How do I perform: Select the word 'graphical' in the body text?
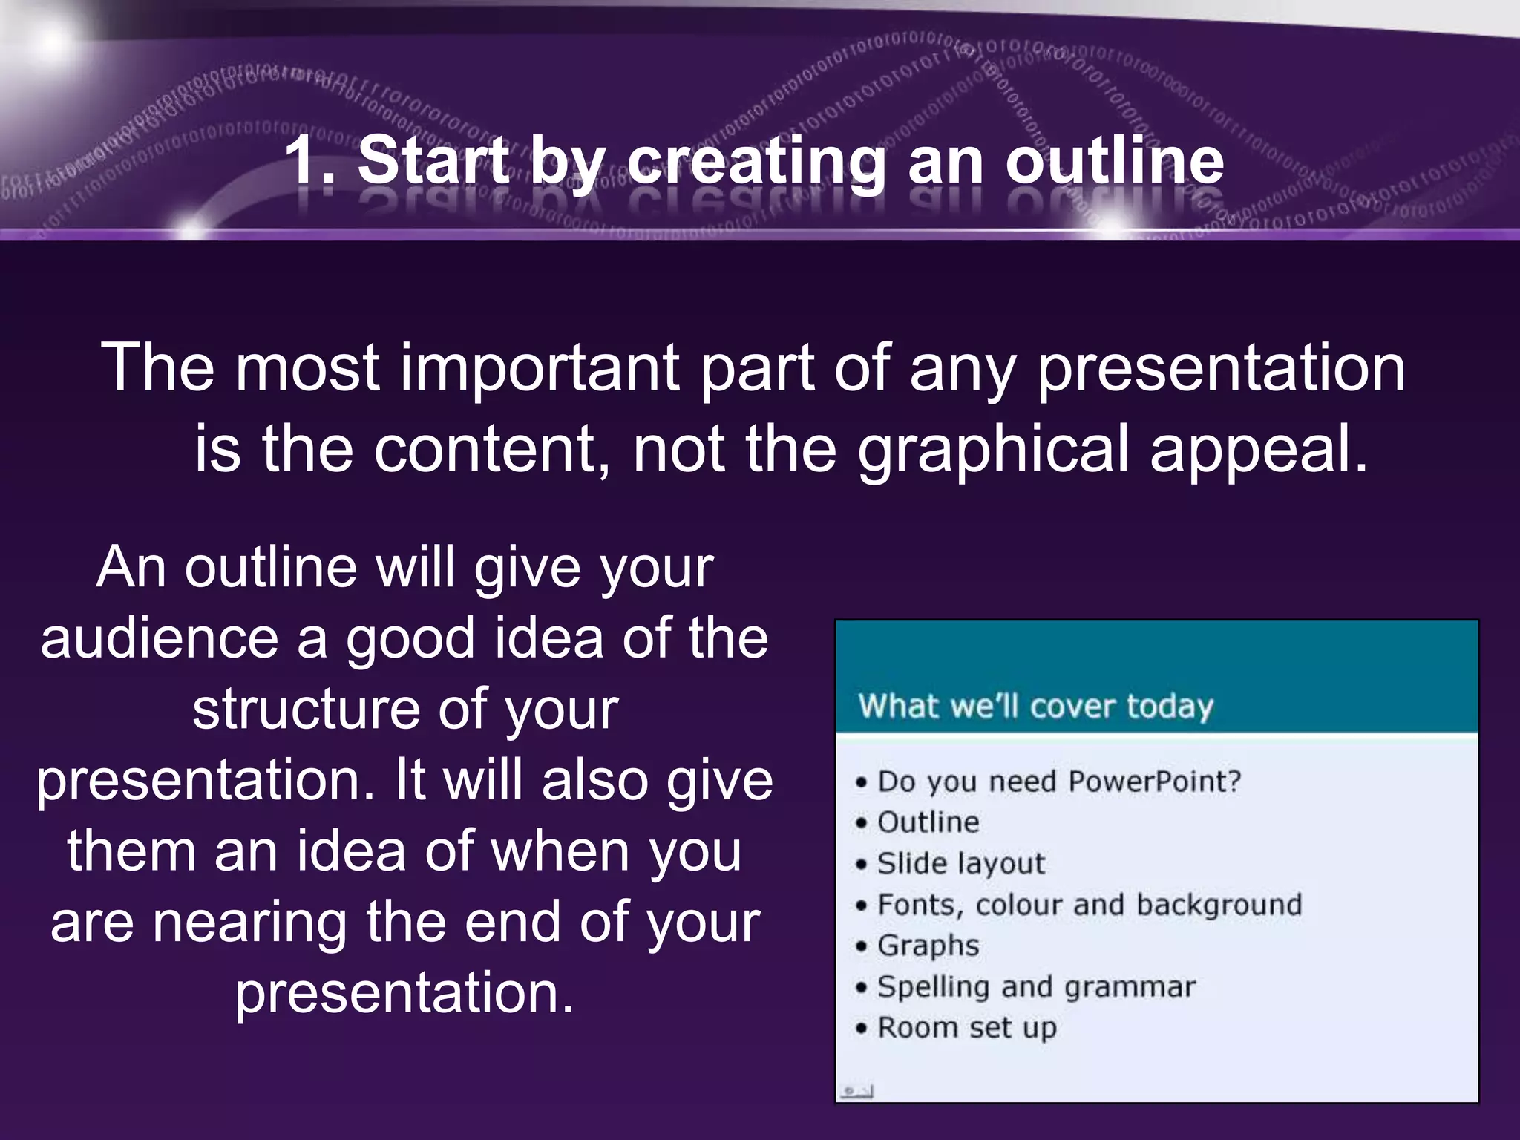click(x=994, y=450)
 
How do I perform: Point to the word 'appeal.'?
click(x=1259, y=450)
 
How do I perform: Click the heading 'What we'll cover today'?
click(x=1035, y=706)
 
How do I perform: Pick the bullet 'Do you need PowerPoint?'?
click(x=1058, y=782)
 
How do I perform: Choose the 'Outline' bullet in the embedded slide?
click(x=928, y=822)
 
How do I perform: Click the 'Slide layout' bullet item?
click(x=960, y=864)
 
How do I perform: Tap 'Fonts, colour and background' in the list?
click(x=1089, y=905)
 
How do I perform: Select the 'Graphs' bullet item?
click(x=928, y=946)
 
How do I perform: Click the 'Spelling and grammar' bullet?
click(x=1036, y=987)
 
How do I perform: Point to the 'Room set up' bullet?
click(x=966, y=1028)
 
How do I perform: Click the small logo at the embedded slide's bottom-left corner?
click(x=856, y=1091)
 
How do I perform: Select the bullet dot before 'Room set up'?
click(x=861, y=1029)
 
